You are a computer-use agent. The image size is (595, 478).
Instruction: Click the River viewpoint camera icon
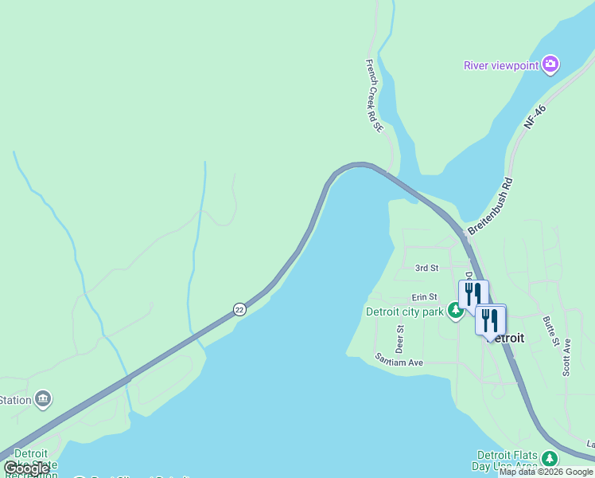click(550, 65)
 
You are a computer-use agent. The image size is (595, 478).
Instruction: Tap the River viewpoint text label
click(501, 65)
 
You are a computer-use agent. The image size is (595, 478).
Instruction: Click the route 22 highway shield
click(239, 309)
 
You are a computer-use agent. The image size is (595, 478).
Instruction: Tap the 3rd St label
click(427, 268)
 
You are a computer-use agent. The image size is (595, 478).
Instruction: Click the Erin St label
click(424, 297)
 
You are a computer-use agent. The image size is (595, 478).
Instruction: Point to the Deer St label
click(400, 339)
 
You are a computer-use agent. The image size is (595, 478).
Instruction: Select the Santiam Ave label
click(399, 359)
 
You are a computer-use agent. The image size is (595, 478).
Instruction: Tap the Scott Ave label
click(566, 357)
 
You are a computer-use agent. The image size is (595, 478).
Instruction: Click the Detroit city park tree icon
click(456, 311)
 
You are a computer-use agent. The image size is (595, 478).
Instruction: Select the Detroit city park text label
click(404, 311)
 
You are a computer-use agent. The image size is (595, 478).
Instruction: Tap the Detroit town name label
click(508, 338)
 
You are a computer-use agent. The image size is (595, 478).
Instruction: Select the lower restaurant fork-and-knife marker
click(490, 320)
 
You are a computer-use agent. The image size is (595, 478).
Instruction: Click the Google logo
click(26, 468)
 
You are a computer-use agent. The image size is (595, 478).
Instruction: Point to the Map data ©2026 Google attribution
click(546, 472)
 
